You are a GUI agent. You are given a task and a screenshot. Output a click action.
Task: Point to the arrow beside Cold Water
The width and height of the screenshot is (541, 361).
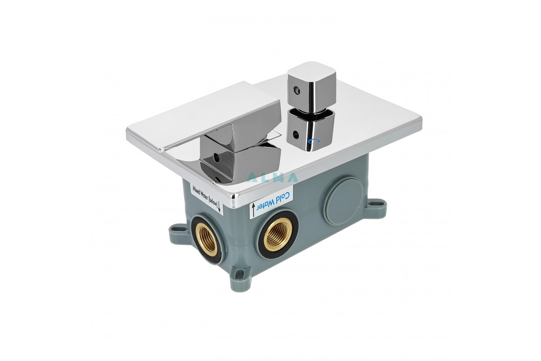[x=253, y=210]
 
